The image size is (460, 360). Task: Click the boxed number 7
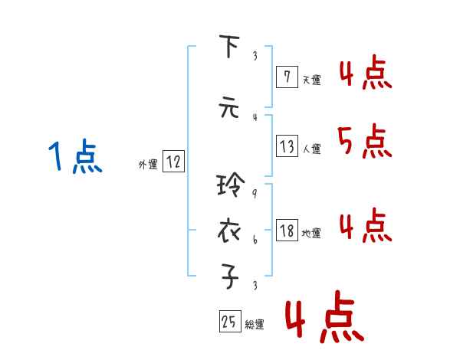287,77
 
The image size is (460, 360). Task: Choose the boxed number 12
173,162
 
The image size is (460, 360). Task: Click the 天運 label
311,80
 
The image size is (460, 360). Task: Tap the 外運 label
147,164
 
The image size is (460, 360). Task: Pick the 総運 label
255,325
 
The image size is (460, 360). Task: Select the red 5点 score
364,141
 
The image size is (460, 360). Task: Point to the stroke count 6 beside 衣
254,241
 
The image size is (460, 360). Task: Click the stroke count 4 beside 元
254,117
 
